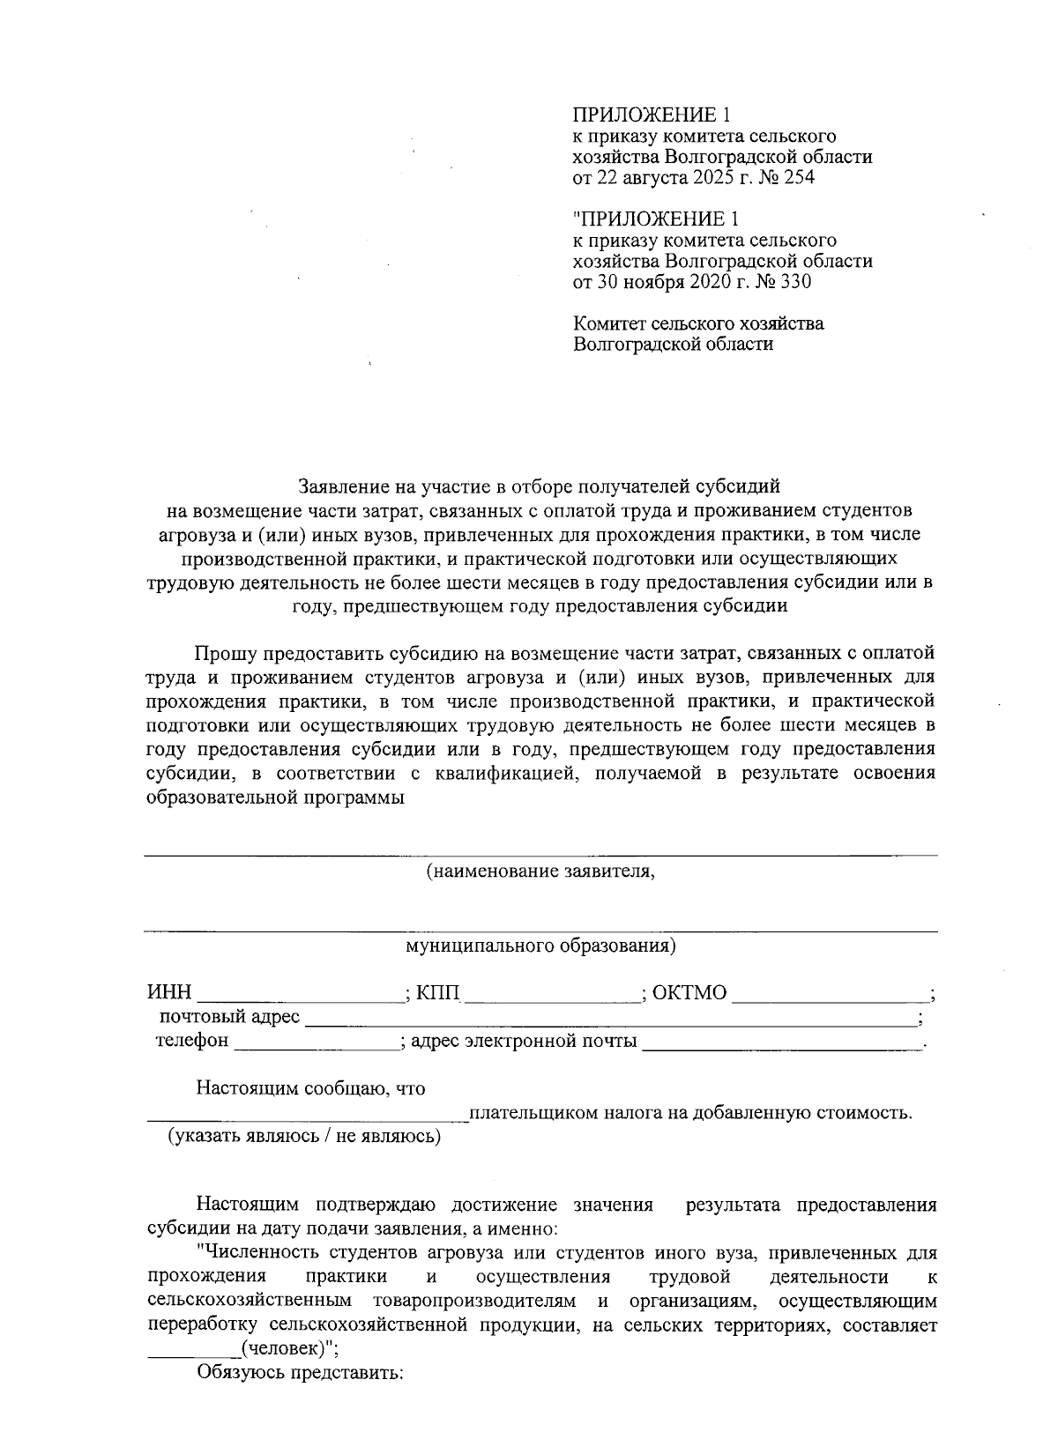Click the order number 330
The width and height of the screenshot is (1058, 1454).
(793, 282)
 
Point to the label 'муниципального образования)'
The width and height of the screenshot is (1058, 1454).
(540, 946)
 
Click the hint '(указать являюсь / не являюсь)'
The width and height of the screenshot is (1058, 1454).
(304, 1136)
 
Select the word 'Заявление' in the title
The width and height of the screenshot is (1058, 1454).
(339, 486)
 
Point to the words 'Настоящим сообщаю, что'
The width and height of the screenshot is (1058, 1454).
(310, 1088)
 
